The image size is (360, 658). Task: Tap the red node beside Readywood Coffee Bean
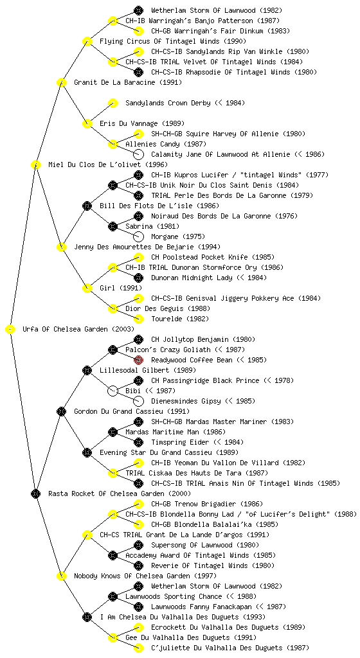138,360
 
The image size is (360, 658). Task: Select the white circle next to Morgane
138,236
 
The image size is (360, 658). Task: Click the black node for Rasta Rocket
35,493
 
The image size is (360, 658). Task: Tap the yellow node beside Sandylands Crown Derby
113,103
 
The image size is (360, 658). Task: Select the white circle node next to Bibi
113,391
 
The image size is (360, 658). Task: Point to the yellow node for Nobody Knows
61,576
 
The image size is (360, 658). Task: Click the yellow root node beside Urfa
10,329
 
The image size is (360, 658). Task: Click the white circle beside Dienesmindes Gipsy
138,401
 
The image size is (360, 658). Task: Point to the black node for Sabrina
113,226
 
